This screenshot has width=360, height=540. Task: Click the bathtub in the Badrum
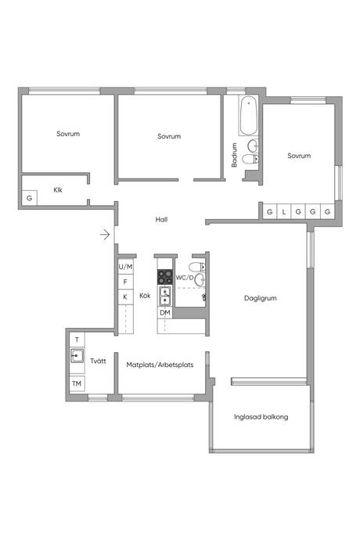(x=248, y=115)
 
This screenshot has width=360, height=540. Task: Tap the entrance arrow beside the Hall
(x=105, y=235)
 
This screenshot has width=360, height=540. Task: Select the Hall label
(x=161, y=219)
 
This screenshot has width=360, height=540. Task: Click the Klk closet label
(x=58, y=189)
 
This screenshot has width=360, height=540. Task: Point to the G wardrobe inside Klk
(x=29, y=198)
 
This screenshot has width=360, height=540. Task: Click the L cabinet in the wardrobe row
(x=284, y=211)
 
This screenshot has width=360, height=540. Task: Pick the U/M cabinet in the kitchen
(x=125, y=267)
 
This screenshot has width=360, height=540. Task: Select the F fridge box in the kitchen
(x=125, y=282)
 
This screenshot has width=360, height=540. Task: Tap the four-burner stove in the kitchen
(x=165, y=277)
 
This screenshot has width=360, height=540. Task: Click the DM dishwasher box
(x=165, y=313)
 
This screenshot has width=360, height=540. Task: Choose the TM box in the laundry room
(x=77, y=383)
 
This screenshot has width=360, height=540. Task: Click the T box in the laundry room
(x=77, y=340)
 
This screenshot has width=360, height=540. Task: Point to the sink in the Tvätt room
(x=77, y=356)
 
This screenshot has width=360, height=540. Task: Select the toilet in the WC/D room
(x=197, y=267)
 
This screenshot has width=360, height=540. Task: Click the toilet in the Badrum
(x=250, y=159)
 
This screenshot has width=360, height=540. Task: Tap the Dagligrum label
(x=260, y=298)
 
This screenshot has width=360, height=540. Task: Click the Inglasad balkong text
(x=261, y=417)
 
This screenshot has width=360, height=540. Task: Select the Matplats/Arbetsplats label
(x=160, y=365)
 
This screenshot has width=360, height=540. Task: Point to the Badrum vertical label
(x=234, y=155)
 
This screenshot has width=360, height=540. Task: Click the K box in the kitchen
(x=125, y=297)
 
